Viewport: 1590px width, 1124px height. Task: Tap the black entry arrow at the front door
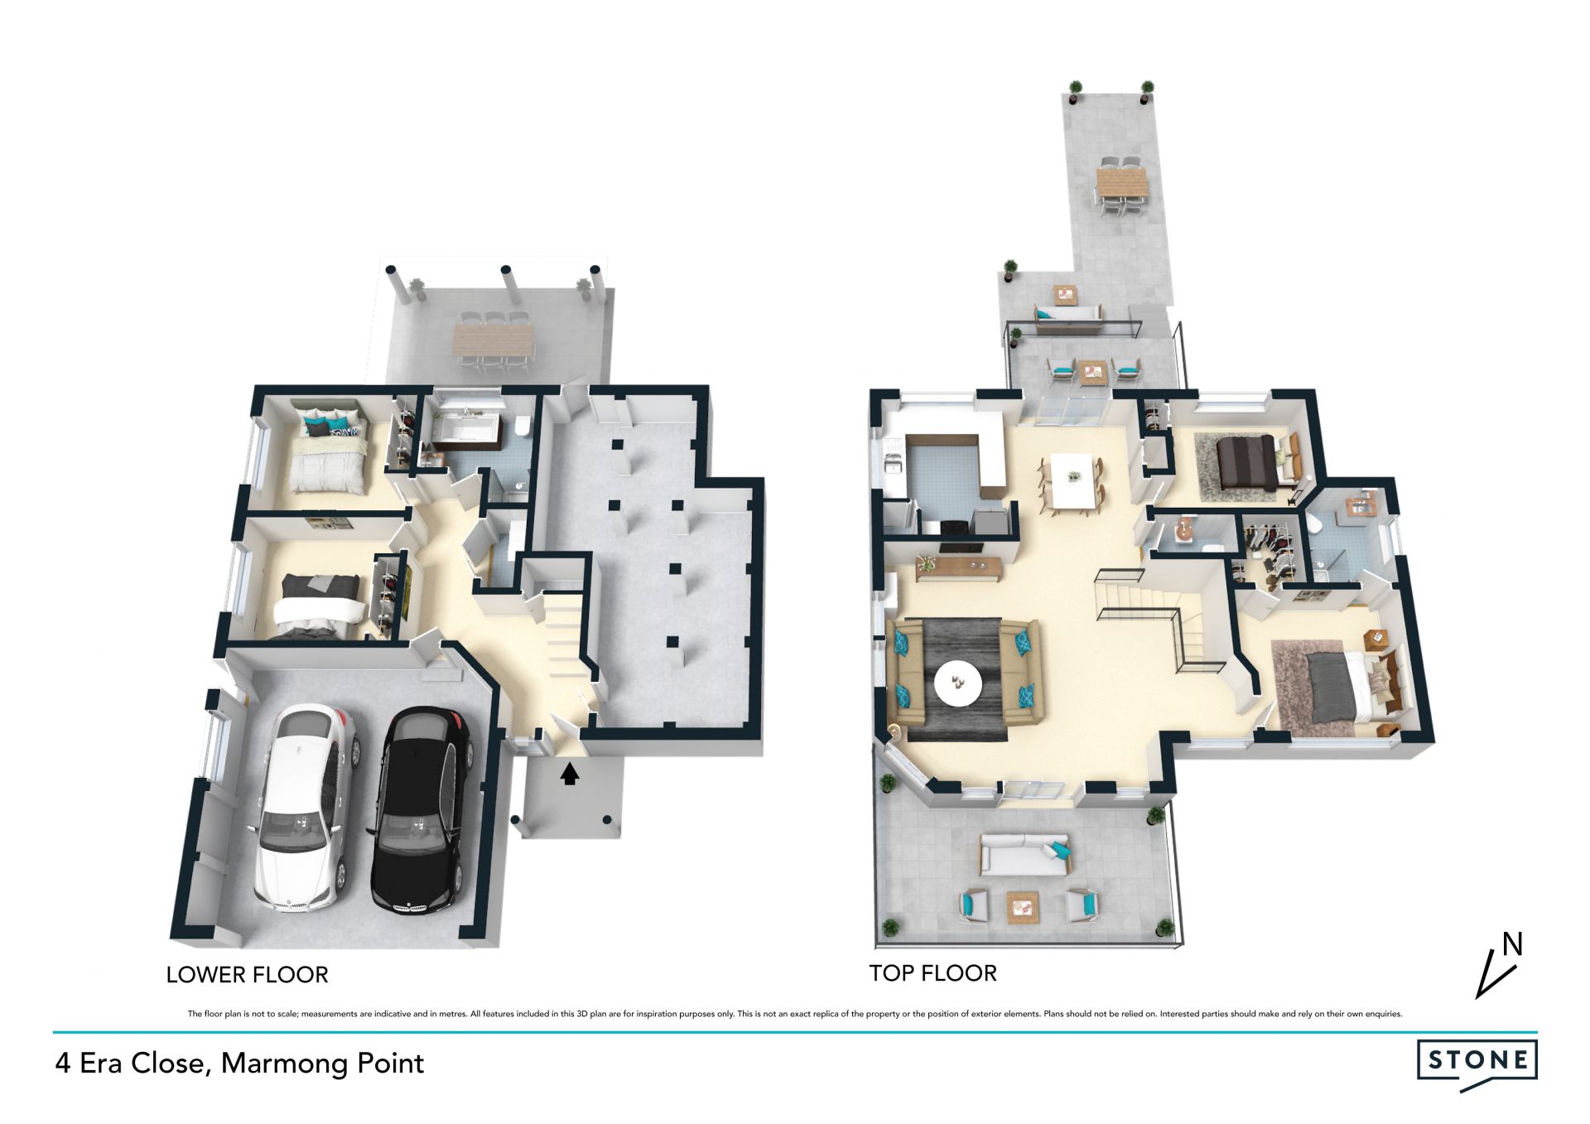tap(569, 774)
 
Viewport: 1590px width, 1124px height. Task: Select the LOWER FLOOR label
tap(247, 975)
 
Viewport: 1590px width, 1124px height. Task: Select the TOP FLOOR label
tap(932, 973)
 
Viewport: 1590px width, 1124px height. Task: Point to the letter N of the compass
tap(1512, 943)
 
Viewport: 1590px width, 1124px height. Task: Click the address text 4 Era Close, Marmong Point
tap(239, 1063)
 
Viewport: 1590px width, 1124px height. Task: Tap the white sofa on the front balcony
tap(1024, 853)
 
